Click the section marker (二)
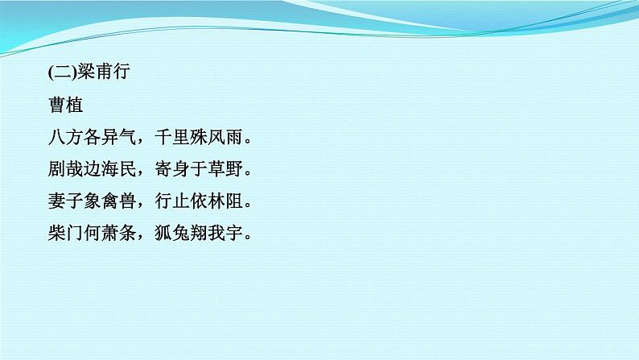61,72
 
